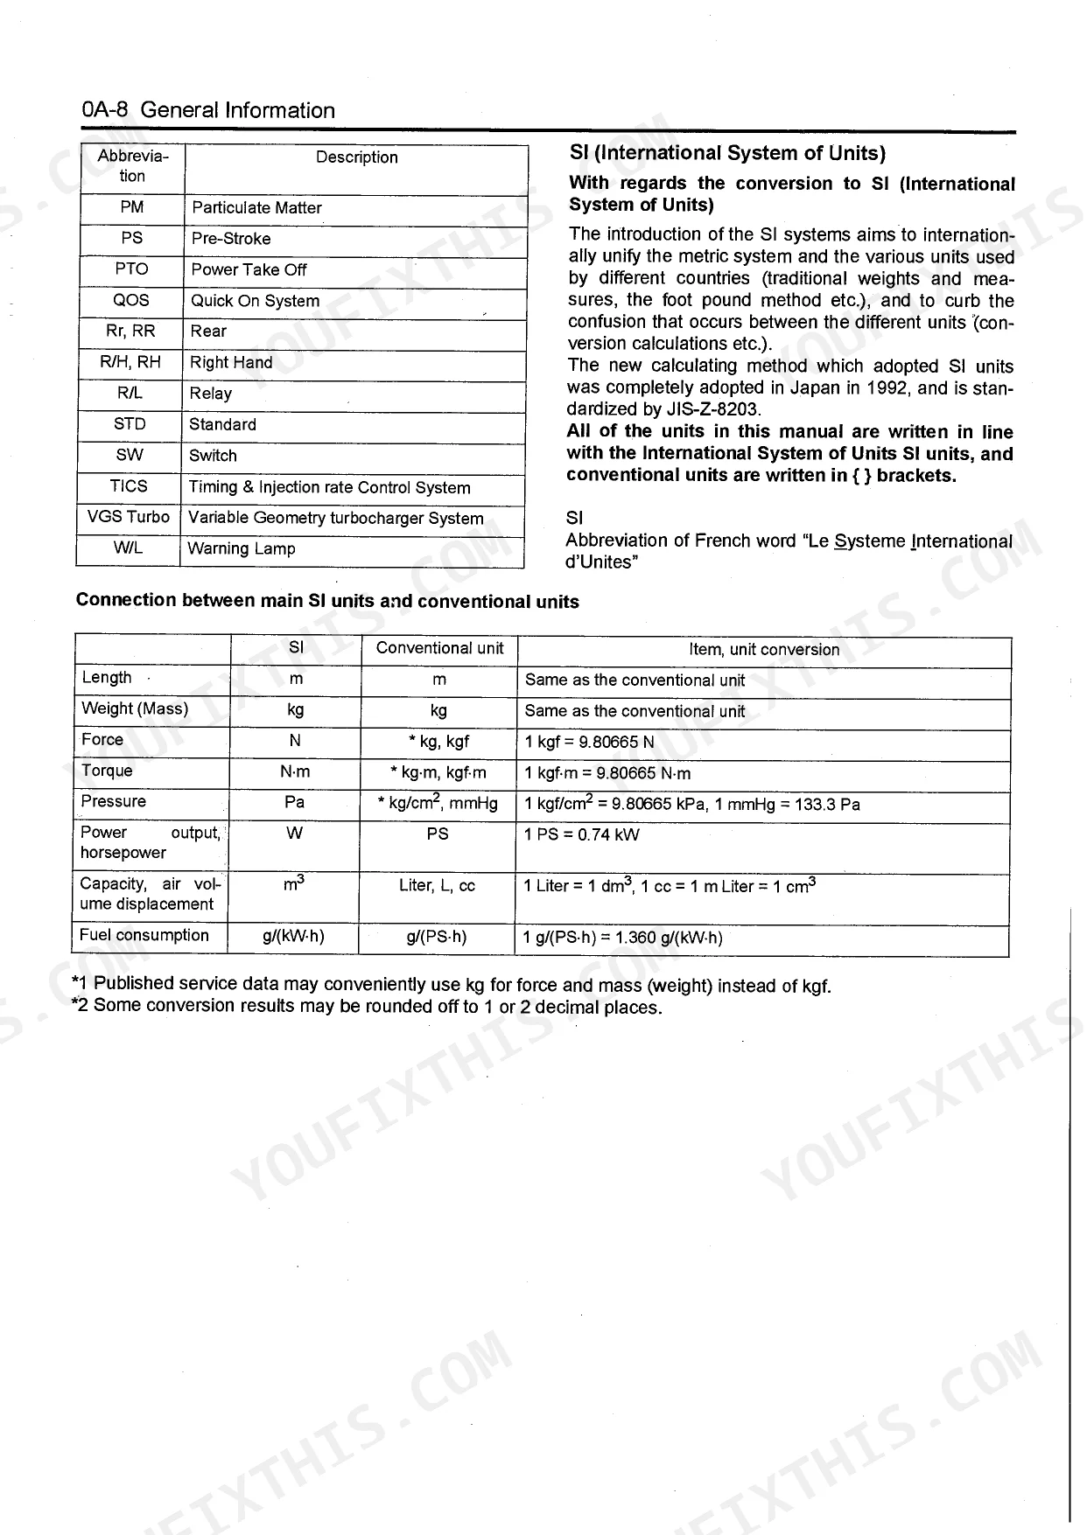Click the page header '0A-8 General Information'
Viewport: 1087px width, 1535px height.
point(208,110)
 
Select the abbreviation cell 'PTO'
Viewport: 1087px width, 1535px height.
point(131,269)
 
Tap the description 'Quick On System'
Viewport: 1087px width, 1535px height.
point(255,301)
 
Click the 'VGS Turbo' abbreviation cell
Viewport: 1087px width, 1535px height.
point(129,517)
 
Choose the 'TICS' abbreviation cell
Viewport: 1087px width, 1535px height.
point(129,486)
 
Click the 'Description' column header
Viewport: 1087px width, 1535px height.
point(356,157)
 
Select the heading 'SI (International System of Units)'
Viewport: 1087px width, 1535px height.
point(727,153)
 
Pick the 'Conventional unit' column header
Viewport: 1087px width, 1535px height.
point(439,648)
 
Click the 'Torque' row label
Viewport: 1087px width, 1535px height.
point(107,771)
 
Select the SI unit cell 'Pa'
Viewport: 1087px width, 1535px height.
point(295,802)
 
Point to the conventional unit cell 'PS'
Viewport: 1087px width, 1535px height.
point(438,834)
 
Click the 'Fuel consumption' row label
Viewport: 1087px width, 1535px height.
point(144,935)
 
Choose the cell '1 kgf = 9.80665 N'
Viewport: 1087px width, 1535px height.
point(589,743)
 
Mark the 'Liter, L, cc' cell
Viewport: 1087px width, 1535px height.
point(437,885)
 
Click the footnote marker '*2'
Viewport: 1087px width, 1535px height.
point(80,1005)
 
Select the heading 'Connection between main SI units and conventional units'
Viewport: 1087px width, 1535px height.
point(327,601)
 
